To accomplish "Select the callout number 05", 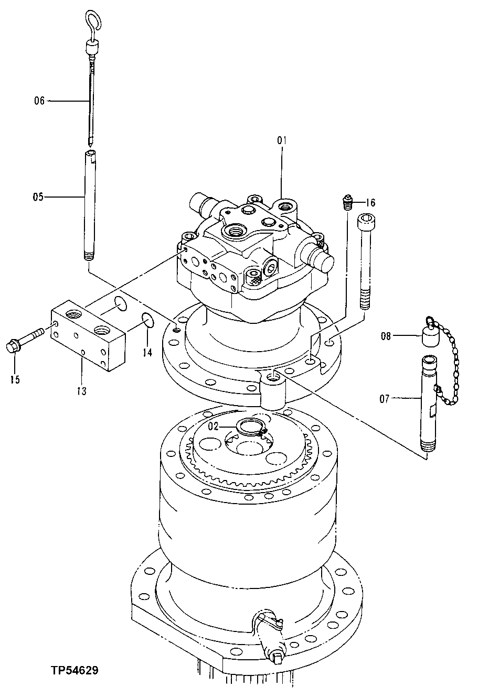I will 38,197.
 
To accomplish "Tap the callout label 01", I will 282,140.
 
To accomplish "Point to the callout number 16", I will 371,202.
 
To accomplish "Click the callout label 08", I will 386,336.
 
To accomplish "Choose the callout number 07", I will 385,399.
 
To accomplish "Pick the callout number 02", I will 213,426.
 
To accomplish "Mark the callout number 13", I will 82,390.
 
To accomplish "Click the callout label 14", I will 147,353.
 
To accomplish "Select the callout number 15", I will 14,378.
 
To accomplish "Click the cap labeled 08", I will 431,335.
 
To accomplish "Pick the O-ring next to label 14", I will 147,320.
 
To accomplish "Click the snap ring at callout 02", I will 250,427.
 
